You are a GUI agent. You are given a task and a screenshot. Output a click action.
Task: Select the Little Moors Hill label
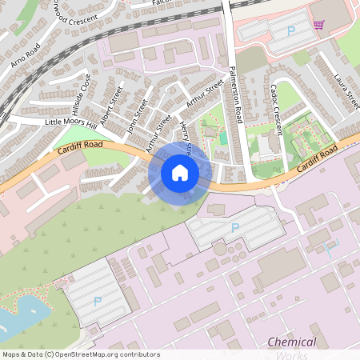click(70, 122)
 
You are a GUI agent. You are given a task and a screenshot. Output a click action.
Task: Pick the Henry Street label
click(186, 136)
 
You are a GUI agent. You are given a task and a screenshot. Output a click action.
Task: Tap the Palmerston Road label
click(235, 94)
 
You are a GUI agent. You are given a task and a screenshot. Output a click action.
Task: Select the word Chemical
click(291, 342)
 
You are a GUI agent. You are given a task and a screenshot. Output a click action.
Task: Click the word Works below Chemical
click(291, 354)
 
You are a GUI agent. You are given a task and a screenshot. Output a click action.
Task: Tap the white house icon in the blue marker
click(180, 172)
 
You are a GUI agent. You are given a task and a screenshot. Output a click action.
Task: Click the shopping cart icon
click(318, 25)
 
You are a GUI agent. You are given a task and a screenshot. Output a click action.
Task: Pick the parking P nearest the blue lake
click(98, 301)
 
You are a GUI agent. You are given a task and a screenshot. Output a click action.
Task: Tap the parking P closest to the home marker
click(234, 228)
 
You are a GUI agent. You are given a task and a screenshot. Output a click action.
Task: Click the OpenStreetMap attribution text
click(80, 354)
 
